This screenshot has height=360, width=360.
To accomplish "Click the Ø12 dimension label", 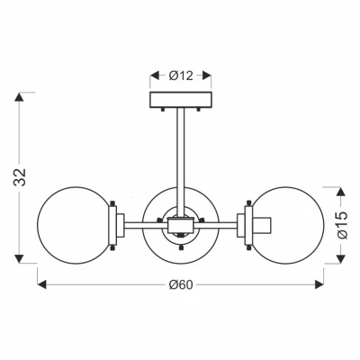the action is click(x=181, y=76).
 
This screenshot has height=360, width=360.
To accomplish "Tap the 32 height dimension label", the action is click(x=20, y=177).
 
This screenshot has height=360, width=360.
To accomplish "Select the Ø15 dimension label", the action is click(x=342, y=225).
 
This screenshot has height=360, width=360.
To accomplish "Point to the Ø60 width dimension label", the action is click(x=181, y=284).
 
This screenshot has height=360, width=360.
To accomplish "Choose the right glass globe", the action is click(x=287, y=225).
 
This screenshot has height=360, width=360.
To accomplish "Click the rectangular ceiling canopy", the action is click(x=181, y=100).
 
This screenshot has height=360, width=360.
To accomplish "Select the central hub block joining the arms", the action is click(x=180, y=225).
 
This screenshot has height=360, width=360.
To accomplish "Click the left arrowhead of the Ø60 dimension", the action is click(x=42, y=284).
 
